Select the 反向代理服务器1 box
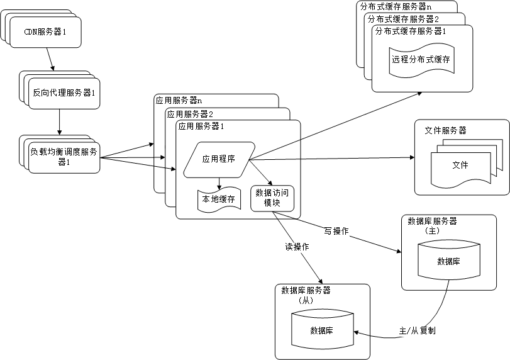(64, 94)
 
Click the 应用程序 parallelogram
(219, 159)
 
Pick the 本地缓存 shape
(219, 200)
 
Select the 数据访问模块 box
(272, 198)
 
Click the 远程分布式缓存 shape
(421, 60)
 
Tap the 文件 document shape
(460, 166)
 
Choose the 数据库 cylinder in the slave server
(321, 330)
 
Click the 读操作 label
(296, 247)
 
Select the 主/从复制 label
(418, 330)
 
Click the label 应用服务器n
(179, 100)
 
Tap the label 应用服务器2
(189, 113)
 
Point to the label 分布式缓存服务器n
(396, 6)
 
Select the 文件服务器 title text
(445, 130)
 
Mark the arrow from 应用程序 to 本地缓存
(219, 183)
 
